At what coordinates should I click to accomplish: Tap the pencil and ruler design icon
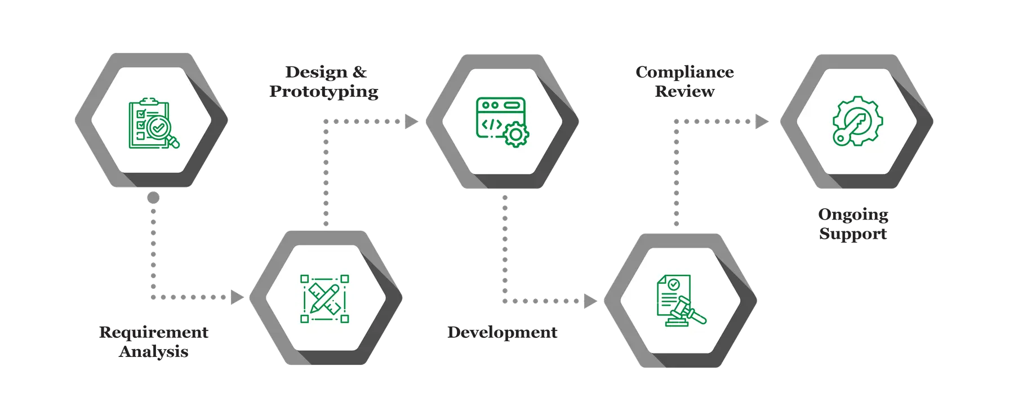click(324, 298)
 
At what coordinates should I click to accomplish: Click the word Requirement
click(154, 332)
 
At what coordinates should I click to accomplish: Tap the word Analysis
click(154, 352)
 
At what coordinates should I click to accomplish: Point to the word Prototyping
click(324, 91)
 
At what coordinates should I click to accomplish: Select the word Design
click(309, 72)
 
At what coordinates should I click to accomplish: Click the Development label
click(502, 332)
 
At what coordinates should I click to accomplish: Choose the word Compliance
click(684, 72)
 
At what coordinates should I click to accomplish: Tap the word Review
click(684, 91)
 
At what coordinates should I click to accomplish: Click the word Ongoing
click(853, 215)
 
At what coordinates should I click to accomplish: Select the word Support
click(853, 234)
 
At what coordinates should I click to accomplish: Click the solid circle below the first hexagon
click(153, 198)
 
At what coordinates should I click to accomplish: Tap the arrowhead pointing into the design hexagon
click(237, 297)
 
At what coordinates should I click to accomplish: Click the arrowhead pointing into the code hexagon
click(412, 121)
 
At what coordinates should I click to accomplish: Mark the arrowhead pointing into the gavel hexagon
click(589, 301)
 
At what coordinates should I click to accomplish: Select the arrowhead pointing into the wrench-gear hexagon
click(762, 121)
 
